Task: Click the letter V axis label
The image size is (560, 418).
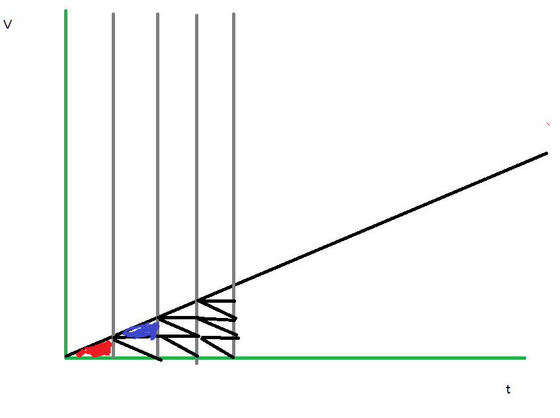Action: click(x=8, y=25)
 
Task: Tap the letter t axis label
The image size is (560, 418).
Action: click(x=508, y=390)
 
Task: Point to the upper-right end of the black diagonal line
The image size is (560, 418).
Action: click(x=547, y=153)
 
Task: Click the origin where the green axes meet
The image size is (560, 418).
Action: click(x=66, y=358)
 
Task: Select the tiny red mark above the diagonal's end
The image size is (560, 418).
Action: click(x=548, y=124)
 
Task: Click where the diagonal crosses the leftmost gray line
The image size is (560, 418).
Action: click(x=113, y=336)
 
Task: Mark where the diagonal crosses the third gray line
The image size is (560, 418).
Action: click(x=196, y=301)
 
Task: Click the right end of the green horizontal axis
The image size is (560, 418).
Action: click(x=524, y=358)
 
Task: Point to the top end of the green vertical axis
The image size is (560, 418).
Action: click(x=66, y=11)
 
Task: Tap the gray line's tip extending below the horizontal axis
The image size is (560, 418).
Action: click(x=196, y=363)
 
